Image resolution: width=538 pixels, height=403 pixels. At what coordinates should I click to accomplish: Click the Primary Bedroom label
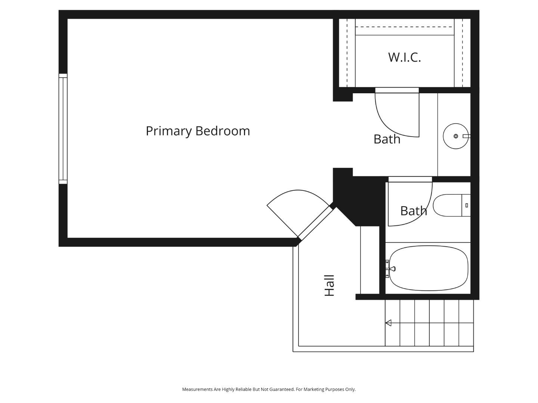[x=198, y=131]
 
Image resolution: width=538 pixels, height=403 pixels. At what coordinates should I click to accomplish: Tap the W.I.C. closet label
[x=404, y=57]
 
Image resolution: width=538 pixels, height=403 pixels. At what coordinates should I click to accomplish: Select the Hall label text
[x=329, y=285]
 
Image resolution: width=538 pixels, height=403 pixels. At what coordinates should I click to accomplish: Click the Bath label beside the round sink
[x=387, y=139]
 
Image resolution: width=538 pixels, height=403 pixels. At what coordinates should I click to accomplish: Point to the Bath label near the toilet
[x=413, y=211]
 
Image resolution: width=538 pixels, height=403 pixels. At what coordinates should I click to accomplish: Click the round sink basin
[x=455, y=136]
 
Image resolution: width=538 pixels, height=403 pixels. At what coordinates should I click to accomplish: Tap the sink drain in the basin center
[x=455, y=136]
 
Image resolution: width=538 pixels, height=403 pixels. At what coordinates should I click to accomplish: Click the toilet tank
[x=466, y=205]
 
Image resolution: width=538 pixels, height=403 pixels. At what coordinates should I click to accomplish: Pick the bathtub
[x=429, y=268]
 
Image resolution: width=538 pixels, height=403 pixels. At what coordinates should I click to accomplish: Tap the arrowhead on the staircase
[x=388, y=323]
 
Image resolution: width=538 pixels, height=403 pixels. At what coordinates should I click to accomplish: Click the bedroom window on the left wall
[x=63, y=129]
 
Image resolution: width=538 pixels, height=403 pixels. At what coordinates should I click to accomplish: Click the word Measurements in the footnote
[x=197, y=389]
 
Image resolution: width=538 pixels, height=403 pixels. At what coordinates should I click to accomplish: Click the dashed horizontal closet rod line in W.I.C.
[x=404, y=27]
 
